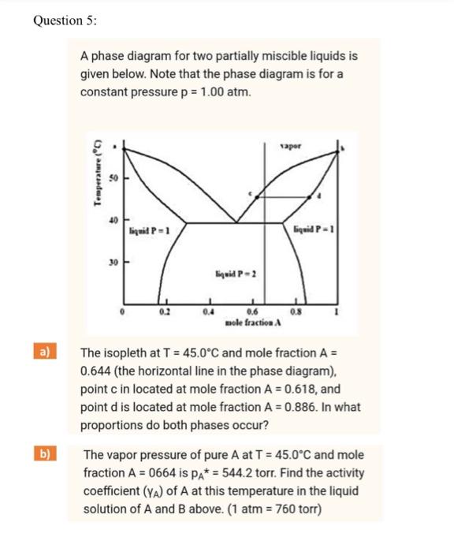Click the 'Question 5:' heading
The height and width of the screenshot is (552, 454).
coord(65,21)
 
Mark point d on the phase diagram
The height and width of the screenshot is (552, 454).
coord(318,194)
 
